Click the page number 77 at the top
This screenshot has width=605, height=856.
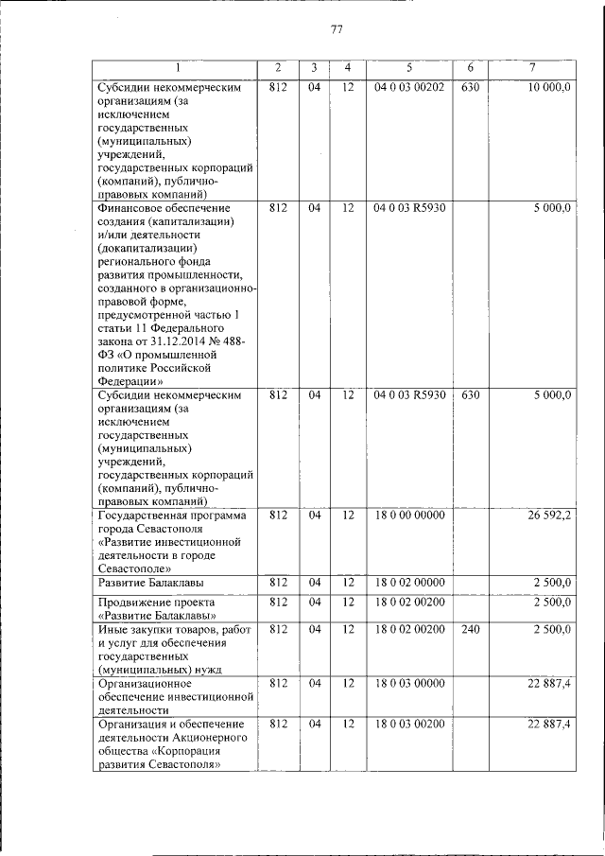337,29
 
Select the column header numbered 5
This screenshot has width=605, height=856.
409,68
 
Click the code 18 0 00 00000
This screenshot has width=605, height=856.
408,516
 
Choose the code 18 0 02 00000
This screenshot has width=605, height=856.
408,582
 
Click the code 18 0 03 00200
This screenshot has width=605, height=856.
408,725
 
